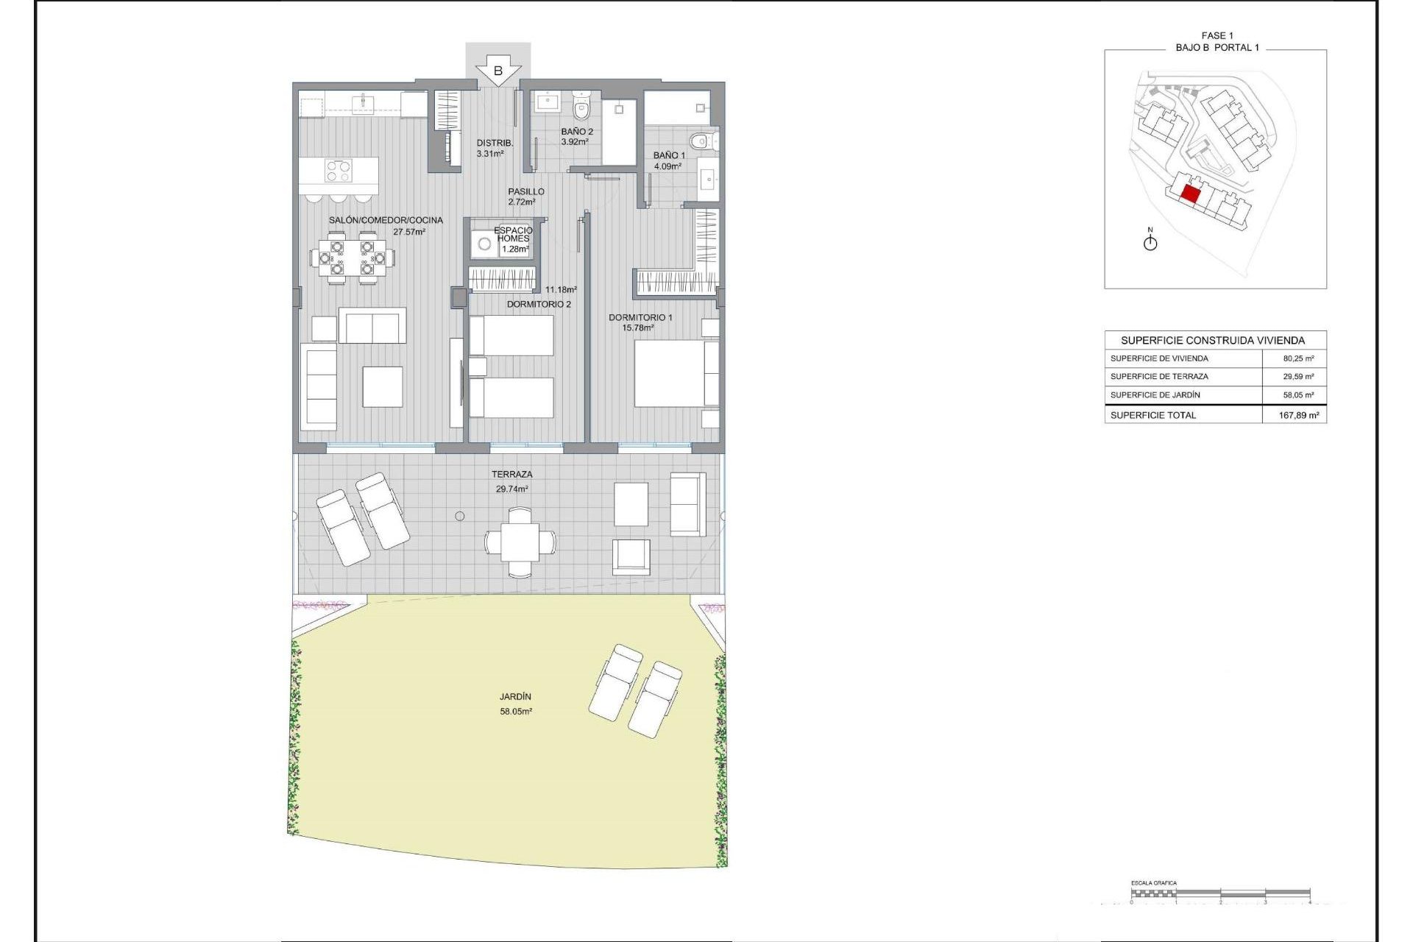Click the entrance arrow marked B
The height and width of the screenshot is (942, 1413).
(x=498, y=71)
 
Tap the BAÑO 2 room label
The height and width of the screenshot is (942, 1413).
(x=577, y=132)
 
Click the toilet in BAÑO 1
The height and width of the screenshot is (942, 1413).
(x=700, y=140)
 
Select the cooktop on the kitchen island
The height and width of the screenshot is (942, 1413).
(x=339, y=171)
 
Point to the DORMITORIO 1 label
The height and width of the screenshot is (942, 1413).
(x=640, y=317)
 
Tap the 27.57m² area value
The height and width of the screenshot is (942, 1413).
(x=409, y=232)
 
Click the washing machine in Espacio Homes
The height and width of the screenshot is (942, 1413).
(x=484, y=244)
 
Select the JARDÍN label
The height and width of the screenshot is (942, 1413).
(x=515, y=696)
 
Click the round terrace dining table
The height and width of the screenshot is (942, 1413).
(x=520, y=542)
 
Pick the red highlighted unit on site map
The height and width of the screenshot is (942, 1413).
(x=1190, y=194)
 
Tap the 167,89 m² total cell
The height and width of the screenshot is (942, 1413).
(x=1298, y=415)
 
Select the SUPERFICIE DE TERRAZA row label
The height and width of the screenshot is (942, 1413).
(x=1159, y=376)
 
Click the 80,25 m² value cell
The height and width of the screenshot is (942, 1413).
(x=1298, y=358)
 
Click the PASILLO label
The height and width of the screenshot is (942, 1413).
(x=526, y=191)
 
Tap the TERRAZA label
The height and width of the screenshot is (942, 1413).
(x=512, y=474)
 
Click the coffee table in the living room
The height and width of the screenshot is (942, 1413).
(x=383, y=386)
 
